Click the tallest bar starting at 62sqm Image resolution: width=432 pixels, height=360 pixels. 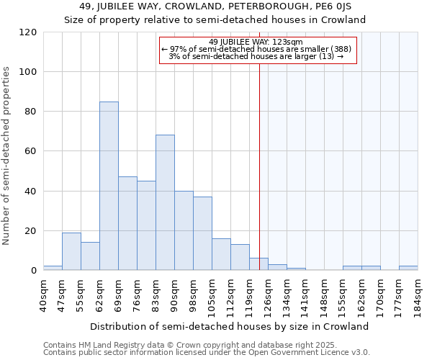[109, 186]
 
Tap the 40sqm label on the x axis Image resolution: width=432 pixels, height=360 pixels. [44, 293]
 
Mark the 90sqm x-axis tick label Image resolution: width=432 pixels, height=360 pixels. [175, 293]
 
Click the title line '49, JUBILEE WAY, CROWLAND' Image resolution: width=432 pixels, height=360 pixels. [215, 7]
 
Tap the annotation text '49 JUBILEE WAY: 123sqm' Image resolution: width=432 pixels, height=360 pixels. [256, 42]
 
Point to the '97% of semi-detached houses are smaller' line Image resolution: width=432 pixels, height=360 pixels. [256, 49]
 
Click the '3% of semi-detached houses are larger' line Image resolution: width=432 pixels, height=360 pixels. [256, 56]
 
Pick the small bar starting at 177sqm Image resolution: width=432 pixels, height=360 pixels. [408, 268]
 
